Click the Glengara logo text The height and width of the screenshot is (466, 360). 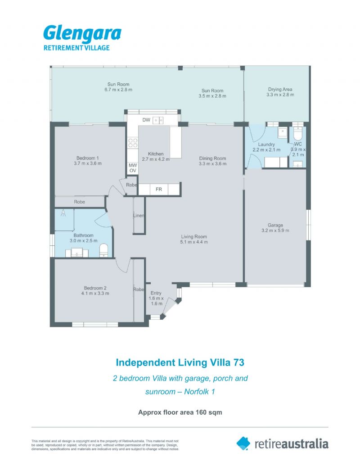pos(82,34)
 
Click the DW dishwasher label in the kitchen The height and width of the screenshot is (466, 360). pos(146,120)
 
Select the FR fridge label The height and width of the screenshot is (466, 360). pos(159,189)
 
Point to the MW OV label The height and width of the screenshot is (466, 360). pos(133,168)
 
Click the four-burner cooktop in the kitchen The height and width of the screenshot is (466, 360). pos(133,143)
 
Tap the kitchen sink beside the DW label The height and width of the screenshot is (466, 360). pos(158,120)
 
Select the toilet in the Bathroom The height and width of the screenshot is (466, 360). pos(103,250)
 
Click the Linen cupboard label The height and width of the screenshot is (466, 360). pos(139,216)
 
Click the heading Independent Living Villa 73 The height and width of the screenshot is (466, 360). pos(180,362)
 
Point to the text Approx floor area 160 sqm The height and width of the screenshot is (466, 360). pos(180,412)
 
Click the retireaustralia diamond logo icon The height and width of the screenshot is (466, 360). pos(243,443)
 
